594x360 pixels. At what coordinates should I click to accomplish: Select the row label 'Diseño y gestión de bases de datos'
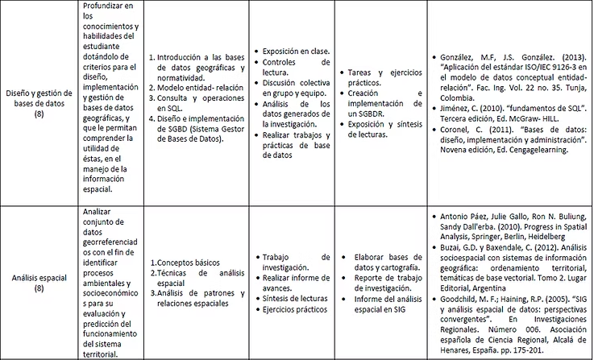tap(39, 105)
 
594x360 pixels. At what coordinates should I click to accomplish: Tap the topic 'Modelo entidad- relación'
tap(199, 87)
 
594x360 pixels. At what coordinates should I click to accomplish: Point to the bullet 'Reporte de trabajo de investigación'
tap(388, 283)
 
